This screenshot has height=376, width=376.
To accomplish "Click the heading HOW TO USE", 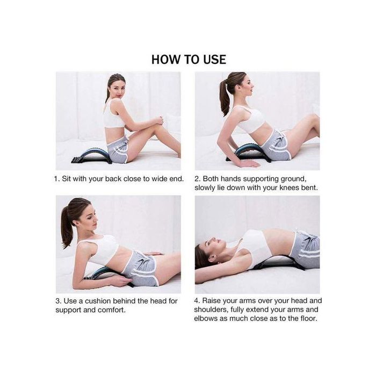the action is coord(189,60).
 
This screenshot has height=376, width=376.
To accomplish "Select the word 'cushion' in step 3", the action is coord(98,301).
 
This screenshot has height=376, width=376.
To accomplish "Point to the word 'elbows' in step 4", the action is coord(205,319).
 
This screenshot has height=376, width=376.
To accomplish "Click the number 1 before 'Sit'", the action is coord(56,179).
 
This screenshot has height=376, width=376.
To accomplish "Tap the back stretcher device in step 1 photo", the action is coord(92,155).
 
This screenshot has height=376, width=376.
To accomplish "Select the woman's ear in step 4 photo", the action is coord(212,258).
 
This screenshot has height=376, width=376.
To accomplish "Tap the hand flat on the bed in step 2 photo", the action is coord(249,163).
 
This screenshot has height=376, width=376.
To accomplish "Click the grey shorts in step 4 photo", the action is coord(305,249).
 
